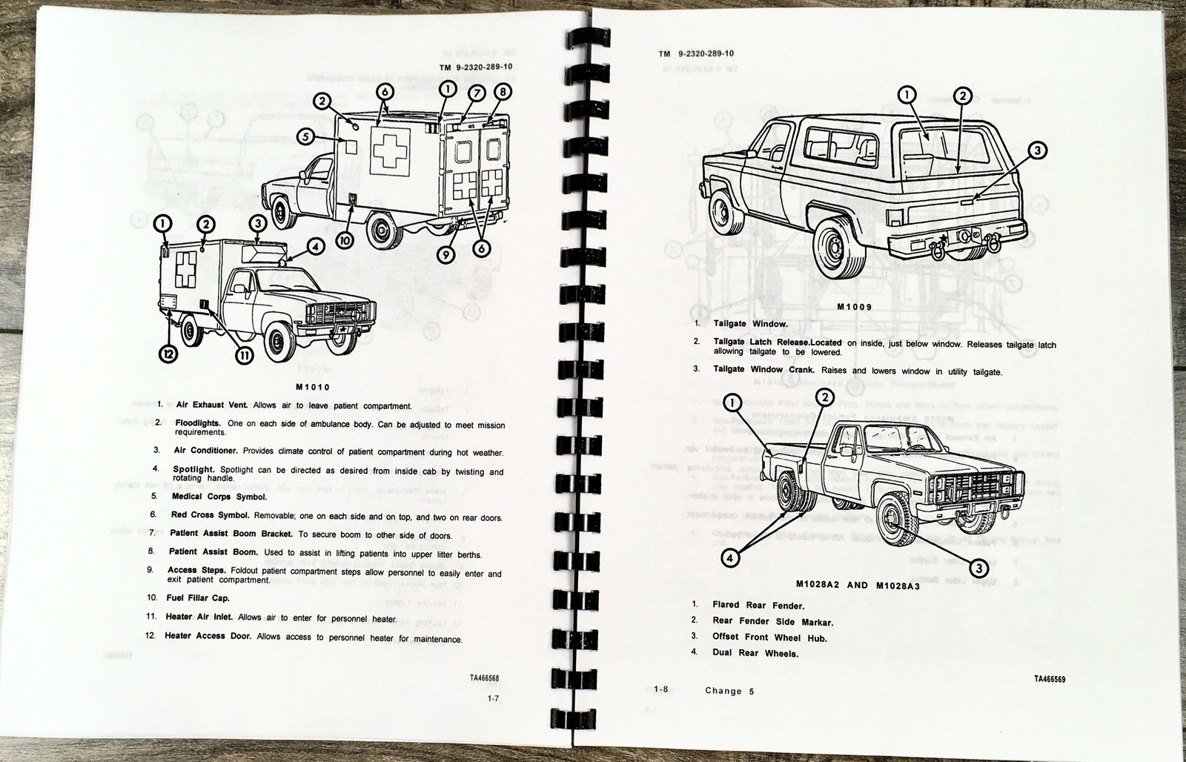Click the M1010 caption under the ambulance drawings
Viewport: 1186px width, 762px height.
pyautogui.click(x=312, y=387)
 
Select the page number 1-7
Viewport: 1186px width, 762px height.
pyautogui.click(x=493, y=698)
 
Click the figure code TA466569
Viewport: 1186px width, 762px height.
pyautogui.click(x=1050, y=680)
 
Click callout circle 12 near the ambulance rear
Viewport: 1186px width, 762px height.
pyautogui.click(x=168, y=354)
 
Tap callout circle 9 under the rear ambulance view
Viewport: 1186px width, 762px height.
pyautogui.click(x=445, y=255)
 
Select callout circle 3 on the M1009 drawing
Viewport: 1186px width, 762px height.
pyautogui.click(x=1037, y=151)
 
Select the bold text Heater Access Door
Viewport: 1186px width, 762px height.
pyautogui.click(x=205, y=636)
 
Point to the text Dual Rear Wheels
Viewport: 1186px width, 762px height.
pyautogui.click(x=755, y=653)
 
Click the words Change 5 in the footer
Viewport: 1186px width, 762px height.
pyautogui.click(x=729, y=691)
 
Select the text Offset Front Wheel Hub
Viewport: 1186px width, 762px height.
pyautogui.click(x=769, y=637)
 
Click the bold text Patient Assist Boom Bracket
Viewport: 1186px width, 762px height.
pyautogui.click(x=231, y=533)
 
